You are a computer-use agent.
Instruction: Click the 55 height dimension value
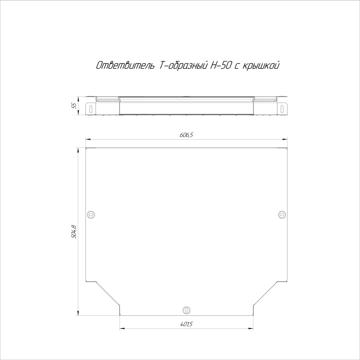point(74,106)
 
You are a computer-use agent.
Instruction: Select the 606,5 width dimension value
point(186,135)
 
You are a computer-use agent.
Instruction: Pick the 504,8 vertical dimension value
point(74,232)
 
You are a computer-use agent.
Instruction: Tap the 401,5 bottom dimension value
point(186,324)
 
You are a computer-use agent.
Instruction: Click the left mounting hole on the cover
point(91,215)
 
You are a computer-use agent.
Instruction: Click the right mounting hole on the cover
point(282,215)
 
